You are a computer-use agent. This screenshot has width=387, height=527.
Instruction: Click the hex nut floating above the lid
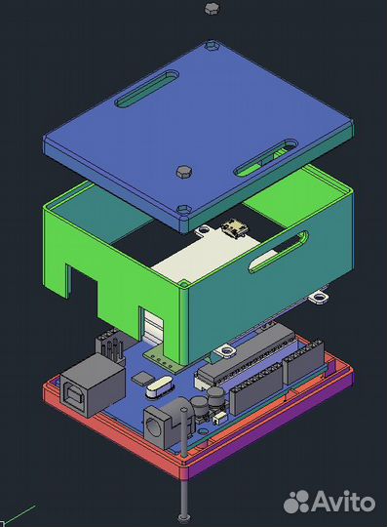tap(212, 8)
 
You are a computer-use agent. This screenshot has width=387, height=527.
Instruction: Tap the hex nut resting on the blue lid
tap(184, 172)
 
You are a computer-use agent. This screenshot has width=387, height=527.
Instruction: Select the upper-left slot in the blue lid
tap(146, 89)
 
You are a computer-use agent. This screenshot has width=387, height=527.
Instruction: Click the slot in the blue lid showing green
tap(266, 158)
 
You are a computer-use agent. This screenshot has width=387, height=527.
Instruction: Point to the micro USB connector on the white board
tap(235, 227)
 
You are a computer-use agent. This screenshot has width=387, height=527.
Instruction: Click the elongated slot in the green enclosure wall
tap(278, 252)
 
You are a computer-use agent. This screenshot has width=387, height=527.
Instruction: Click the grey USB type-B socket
tap(92, 384)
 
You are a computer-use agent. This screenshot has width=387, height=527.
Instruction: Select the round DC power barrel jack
tap(169, 423)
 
